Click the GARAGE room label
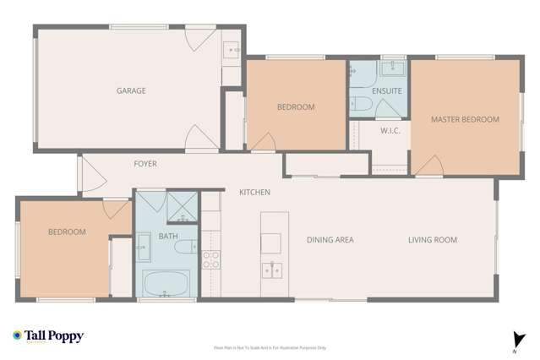(131, 90)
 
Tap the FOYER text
(145, 163)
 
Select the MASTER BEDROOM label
(465, 120)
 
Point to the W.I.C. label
(390, 131)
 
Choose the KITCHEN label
(254, 193)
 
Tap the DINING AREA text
(330, 240)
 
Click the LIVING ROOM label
(432, 240)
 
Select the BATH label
(167, 237)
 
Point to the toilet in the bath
(188, 247)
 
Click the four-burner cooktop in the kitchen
(210, 259)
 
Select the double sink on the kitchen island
(271, 271)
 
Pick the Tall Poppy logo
(48, 335)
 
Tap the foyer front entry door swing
(92, 173)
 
